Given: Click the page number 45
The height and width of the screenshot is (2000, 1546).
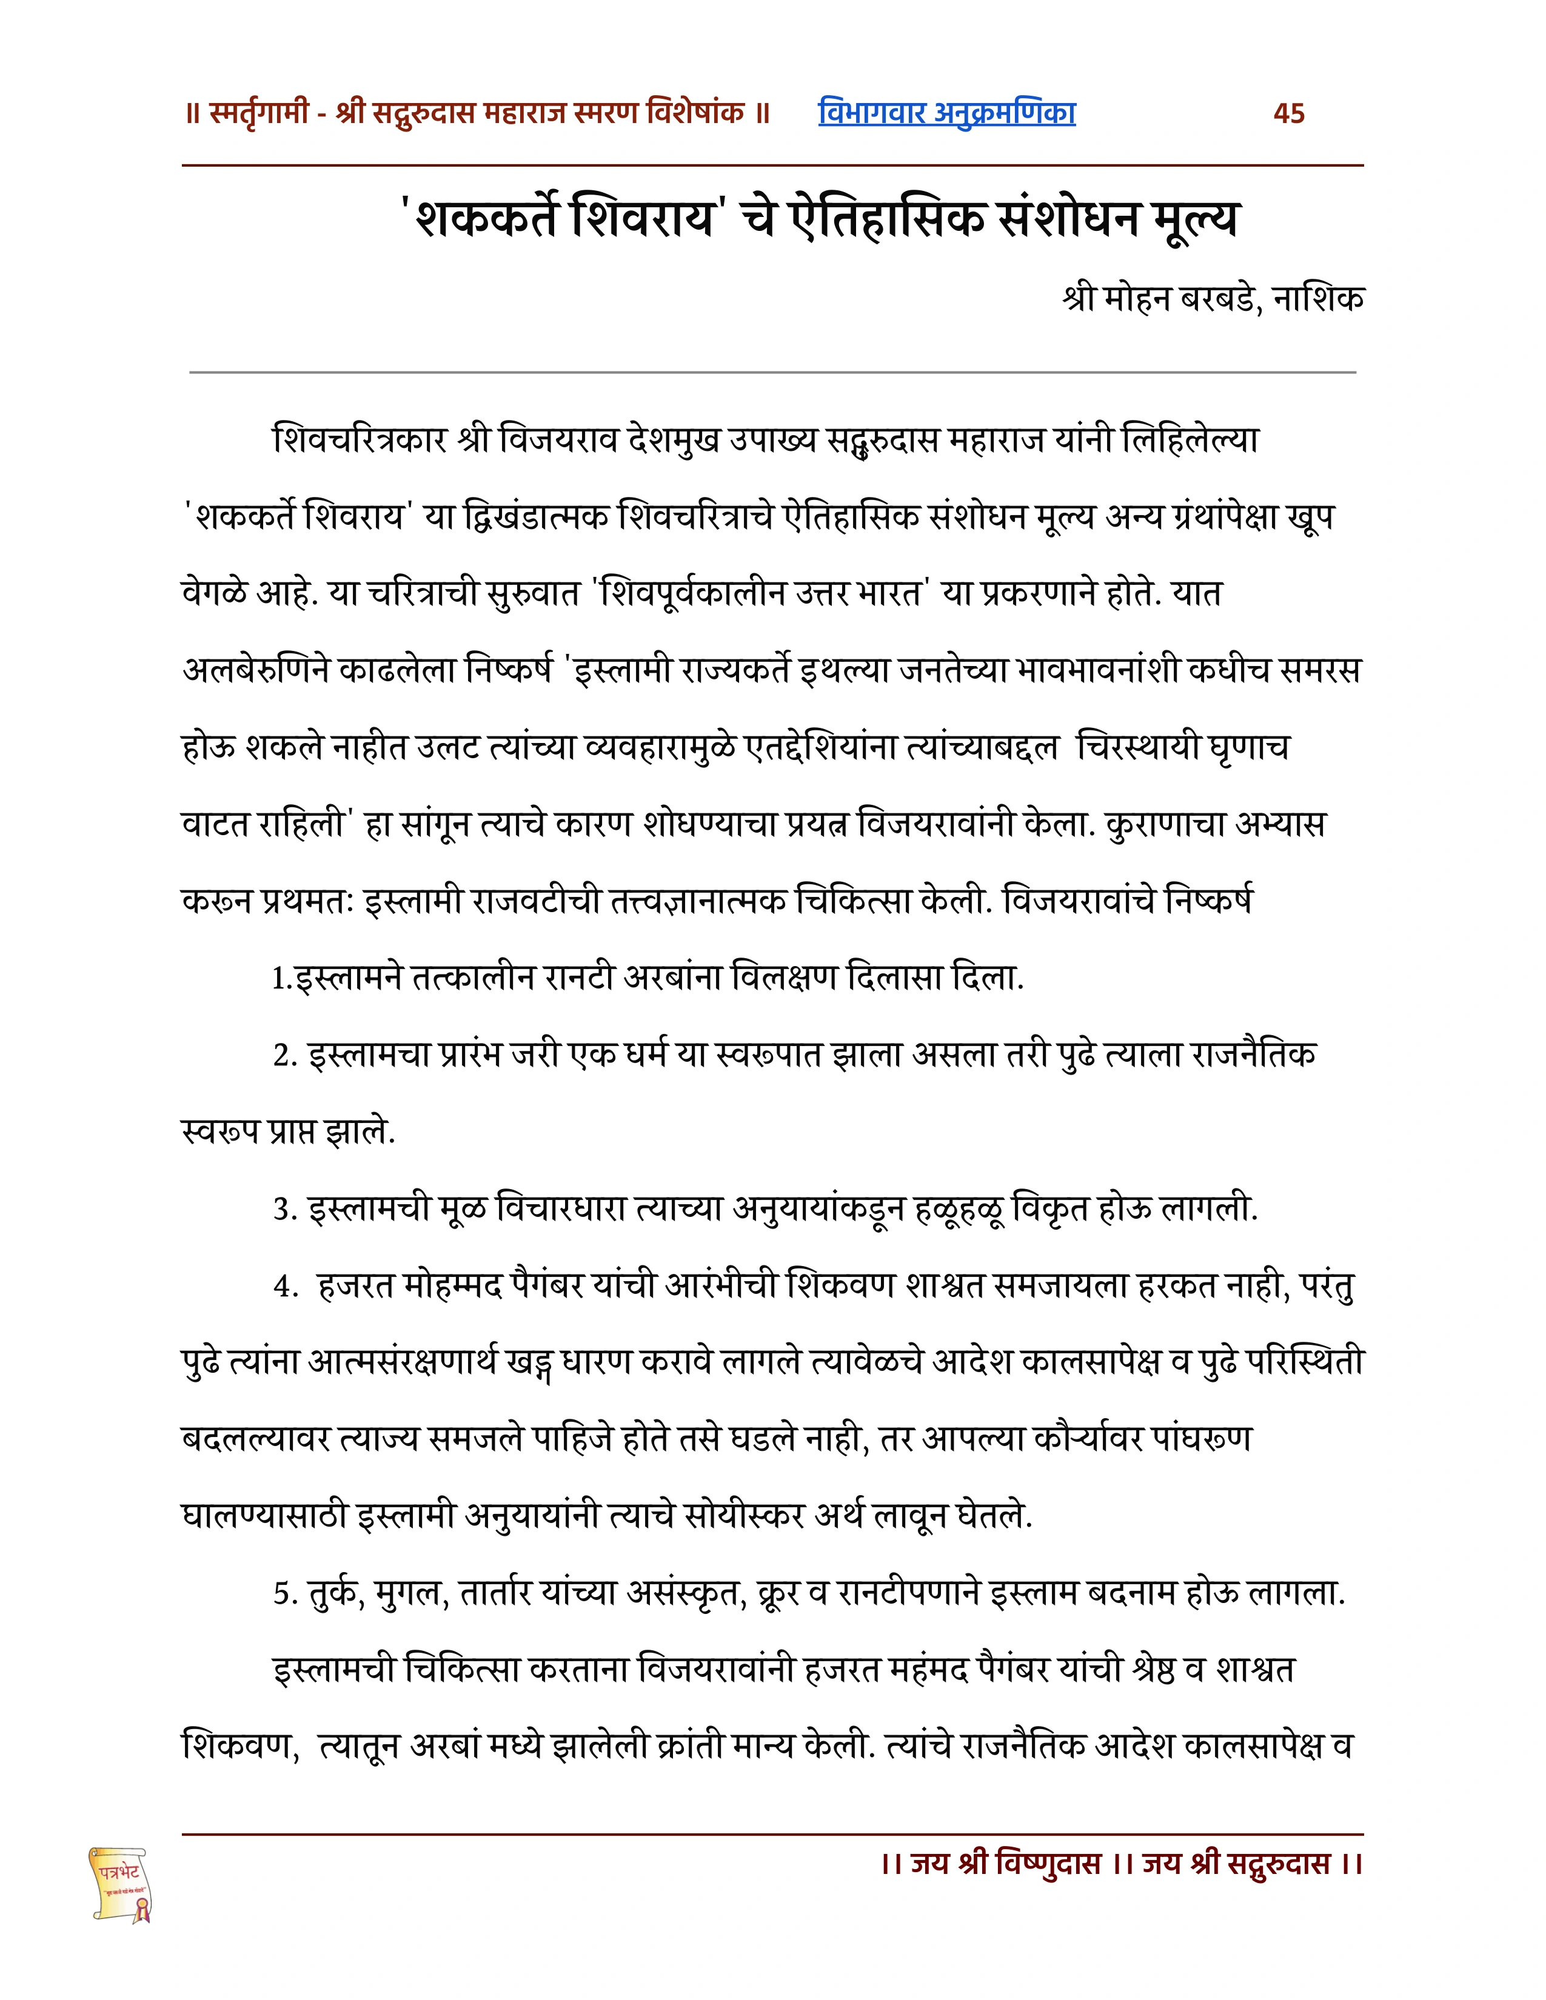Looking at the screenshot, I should point(1289,113).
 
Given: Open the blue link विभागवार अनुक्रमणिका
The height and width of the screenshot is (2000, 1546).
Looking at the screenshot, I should point(946,113).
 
